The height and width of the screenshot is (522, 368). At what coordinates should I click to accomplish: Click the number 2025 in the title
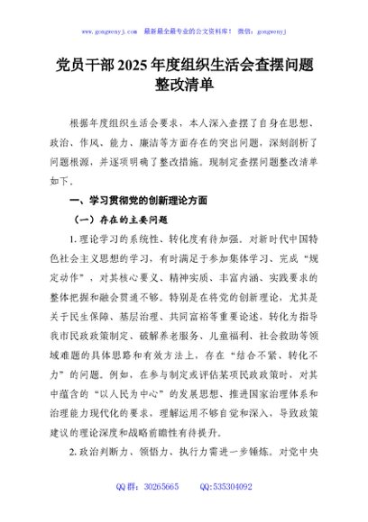point(133,66)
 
